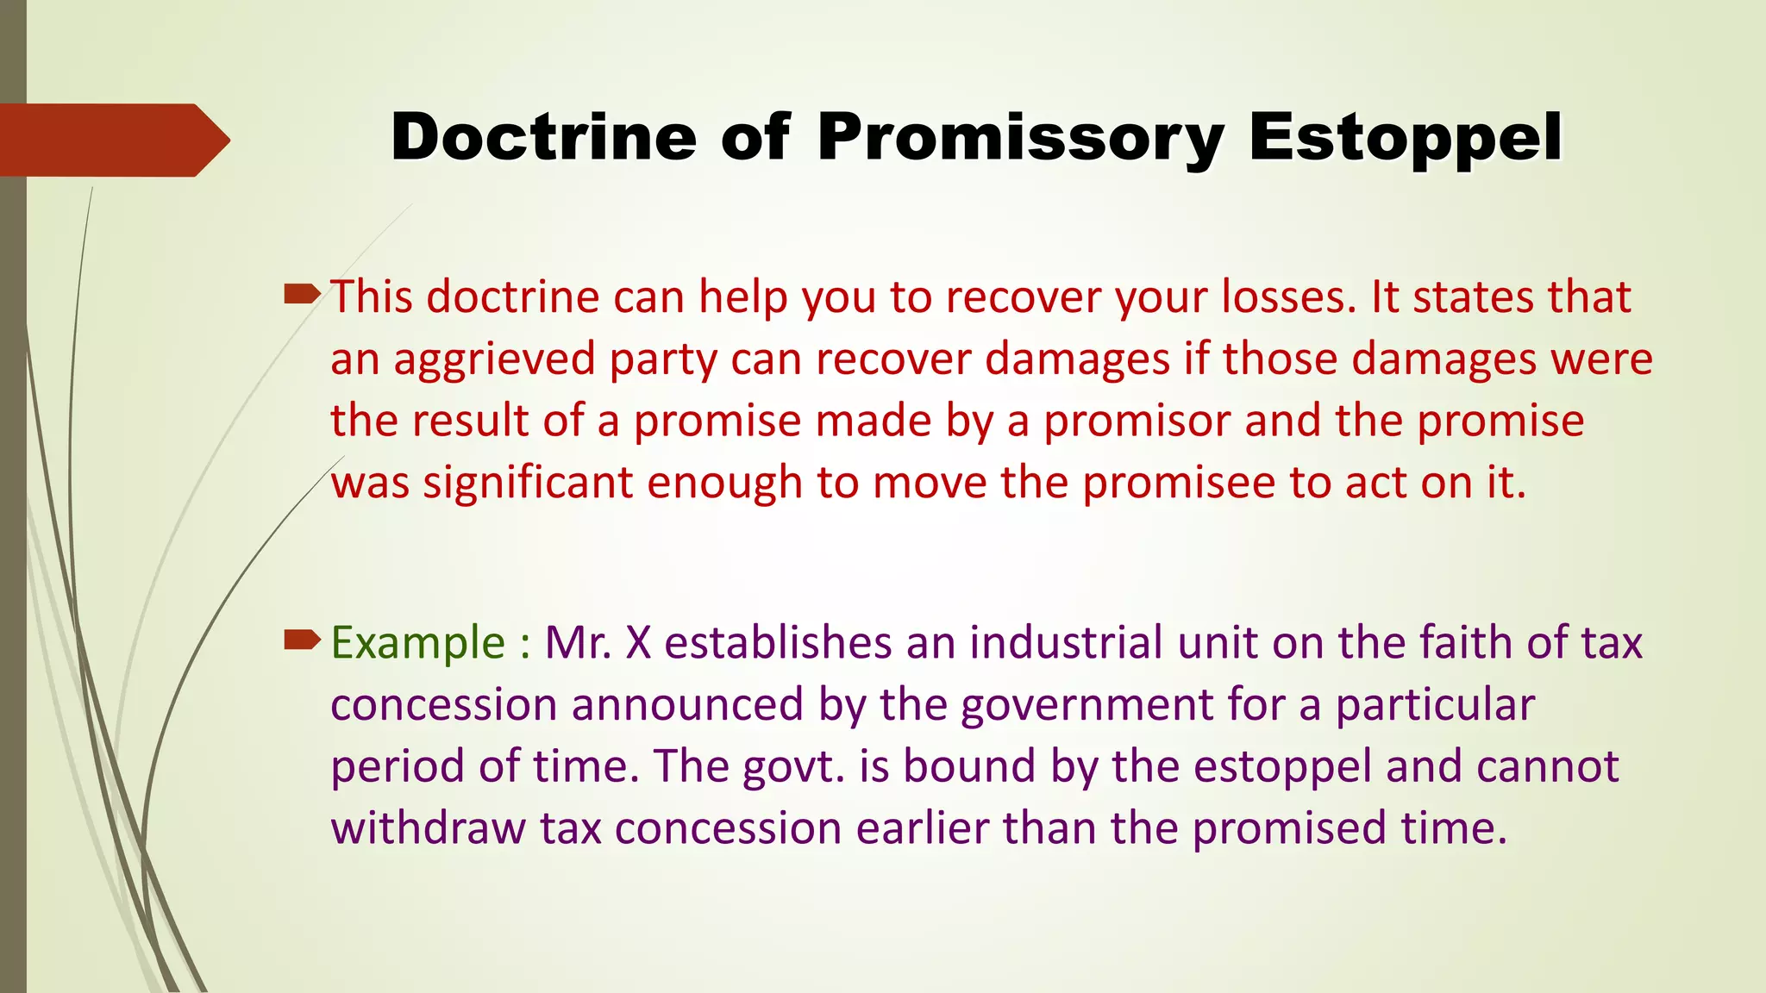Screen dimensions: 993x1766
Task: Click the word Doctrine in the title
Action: coord(543,138)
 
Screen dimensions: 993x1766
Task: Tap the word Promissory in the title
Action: coord(1020,138)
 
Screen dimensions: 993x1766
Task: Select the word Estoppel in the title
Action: coord(1406,138)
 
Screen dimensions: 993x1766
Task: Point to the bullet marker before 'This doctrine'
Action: coord(302,296)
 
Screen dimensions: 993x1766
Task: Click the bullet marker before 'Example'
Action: coord(302,640)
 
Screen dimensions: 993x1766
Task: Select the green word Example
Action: coord(418,643)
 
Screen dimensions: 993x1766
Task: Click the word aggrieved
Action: coord(495,359)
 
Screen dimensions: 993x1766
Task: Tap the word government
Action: coord(1087,705)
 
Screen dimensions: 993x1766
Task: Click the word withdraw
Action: coord(429,828)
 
